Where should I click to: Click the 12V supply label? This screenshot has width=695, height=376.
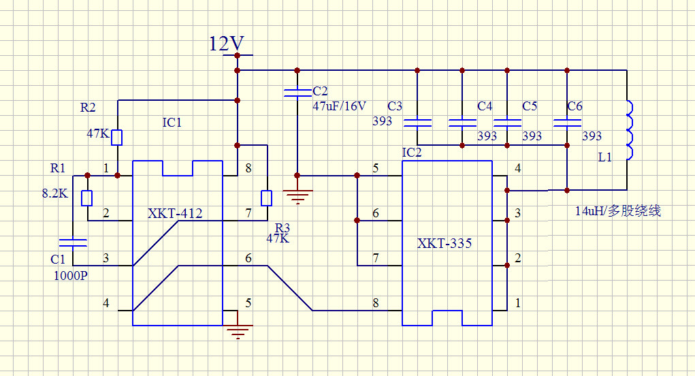coord(226,45)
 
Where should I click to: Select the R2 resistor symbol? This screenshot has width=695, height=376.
coord(117,137)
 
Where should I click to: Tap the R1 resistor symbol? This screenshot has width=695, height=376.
coord(86,198)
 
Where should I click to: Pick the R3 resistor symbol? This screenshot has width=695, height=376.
coord(267,198)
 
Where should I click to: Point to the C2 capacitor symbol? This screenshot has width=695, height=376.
coord(297,93)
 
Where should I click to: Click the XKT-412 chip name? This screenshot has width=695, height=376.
coord(175,214)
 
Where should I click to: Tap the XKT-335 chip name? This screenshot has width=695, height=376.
coord(445,243)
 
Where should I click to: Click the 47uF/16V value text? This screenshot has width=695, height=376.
coord(339,106)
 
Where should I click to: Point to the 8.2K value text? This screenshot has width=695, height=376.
coord(54,193)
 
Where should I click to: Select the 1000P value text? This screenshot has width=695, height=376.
coord(71,275)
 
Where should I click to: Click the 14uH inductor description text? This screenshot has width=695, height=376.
coord(617,211)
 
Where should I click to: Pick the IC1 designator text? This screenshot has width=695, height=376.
coord(172,123)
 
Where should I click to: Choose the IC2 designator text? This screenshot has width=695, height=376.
coord(412,152)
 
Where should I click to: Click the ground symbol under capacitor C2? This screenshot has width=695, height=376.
coord(297,197)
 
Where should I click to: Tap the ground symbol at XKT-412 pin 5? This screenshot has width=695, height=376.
coord(238,332)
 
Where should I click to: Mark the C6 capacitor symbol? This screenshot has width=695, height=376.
coord(566,123)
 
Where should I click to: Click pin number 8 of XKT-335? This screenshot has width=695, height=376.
coord(376,304)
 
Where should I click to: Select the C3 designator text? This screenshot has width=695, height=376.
coord(395,106)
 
